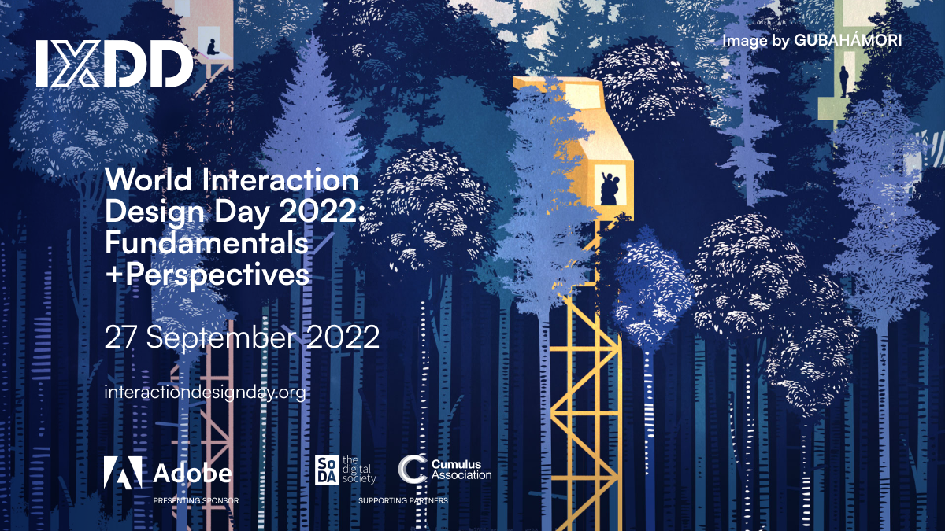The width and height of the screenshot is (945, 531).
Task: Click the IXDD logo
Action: pyautogui.click(x=114, y=64)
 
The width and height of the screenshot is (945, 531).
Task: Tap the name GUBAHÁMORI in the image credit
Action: pyautogui.click(x=848, y=40)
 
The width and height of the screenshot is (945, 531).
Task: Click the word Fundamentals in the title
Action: pyautogui.click(x=206, y=243)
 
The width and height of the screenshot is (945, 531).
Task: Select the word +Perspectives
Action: pyautogui.click(x=207, y=275)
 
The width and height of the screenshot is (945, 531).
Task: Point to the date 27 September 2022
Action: pyautogui.click(x=243, y=337)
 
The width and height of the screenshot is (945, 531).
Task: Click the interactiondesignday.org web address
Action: pyautogui.click(x=205, y=393)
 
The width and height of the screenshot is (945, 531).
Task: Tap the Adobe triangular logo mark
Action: pyautogui.click(x=123, y=473)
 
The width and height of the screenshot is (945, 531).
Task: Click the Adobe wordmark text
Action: pyautogui.click(x=192, y=474)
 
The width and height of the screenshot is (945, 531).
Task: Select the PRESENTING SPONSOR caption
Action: pyautogui.click(x=196, y=500)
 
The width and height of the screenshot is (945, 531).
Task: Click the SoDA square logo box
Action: pyautogui.click(x=327, y=470)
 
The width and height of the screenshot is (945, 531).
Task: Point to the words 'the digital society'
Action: pyautogui.click(x=359, y=470)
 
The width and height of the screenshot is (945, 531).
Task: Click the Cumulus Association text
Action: pyautogui.click(x=461, y=470)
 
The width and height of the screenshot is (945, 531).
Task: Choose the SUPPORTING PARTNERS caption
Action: pyautogui.click(x=403, y=500)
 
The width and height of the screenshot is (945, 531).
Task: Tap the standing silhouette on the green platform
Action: pyautogui.click(x=843, y=81)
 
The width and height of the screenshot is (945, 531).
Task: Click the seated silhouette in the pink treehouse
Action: pyautogui.click(x=212, y=47)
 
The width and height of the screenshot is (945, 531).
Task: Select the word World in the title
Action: pyautogui.click(x=149, y=179)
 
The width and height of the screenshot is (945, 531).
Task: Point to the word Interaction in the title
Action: pyautogui.click(x=280, y=179)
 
